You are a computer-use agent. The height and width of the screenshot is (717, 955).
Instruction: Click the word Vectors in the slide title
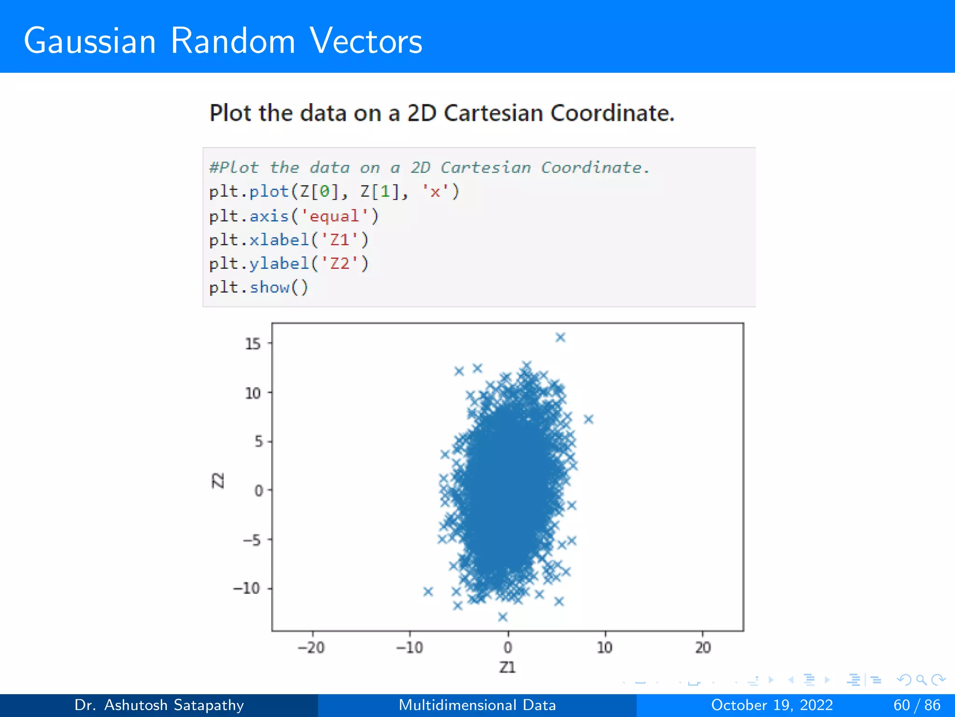click(x=366, y=41)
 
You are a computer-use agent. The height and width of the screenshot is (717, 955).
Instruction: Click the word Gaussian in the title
click(x=90, y=41)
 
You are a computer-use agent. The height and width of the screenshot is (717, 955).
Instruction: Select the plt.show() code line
click(x=258, y=287)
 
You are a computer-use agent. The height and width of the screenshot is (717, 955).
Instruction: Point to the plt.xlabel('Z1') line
click(x=289, y=240)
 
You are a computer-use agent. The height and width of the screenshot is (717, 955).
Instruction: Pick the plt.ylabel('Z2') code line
click(x=289, y=264)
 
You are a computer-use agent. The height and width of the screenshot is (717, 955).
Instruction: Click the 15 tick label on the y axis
click(x=253, y=344)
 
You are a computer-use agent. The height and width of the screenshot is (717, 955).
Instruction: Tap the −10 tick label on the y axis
click(x=246, y=588)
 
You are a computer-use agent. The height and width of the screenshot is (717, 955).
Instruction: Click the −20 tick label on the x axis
click(x=311, y=647)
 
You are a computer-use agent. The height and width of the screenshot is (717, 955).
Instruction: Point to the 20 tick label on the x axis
click(x=703, y=647)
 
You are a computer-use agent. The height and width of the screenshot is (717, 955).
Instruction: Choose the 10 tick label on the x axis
click(x=605, y=647)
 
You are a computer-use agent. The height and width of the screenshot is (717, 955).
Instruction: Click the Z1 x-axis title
click(x=507, y=668)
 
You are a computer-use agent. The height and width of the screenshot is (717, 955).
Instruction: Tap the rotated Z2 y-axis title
click(x=218, y=480)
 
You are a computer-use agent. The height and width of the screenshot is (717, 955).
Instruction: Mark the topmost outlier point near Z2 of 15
click(x=561, y=337)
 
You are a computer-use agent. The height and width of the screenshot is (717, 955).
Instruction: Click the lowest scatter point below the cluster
click(x=503, y=617)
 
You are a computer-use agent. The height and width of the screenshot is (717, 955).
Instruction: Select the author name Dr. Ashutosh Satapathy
click(x=159, y=705)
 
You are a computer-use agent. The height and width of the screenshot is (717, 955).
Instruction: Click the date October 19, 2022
click(x=772, y=705)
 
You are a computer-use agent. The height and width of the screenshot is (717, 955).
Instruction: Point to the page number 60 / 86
click(x=917, y=705)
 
